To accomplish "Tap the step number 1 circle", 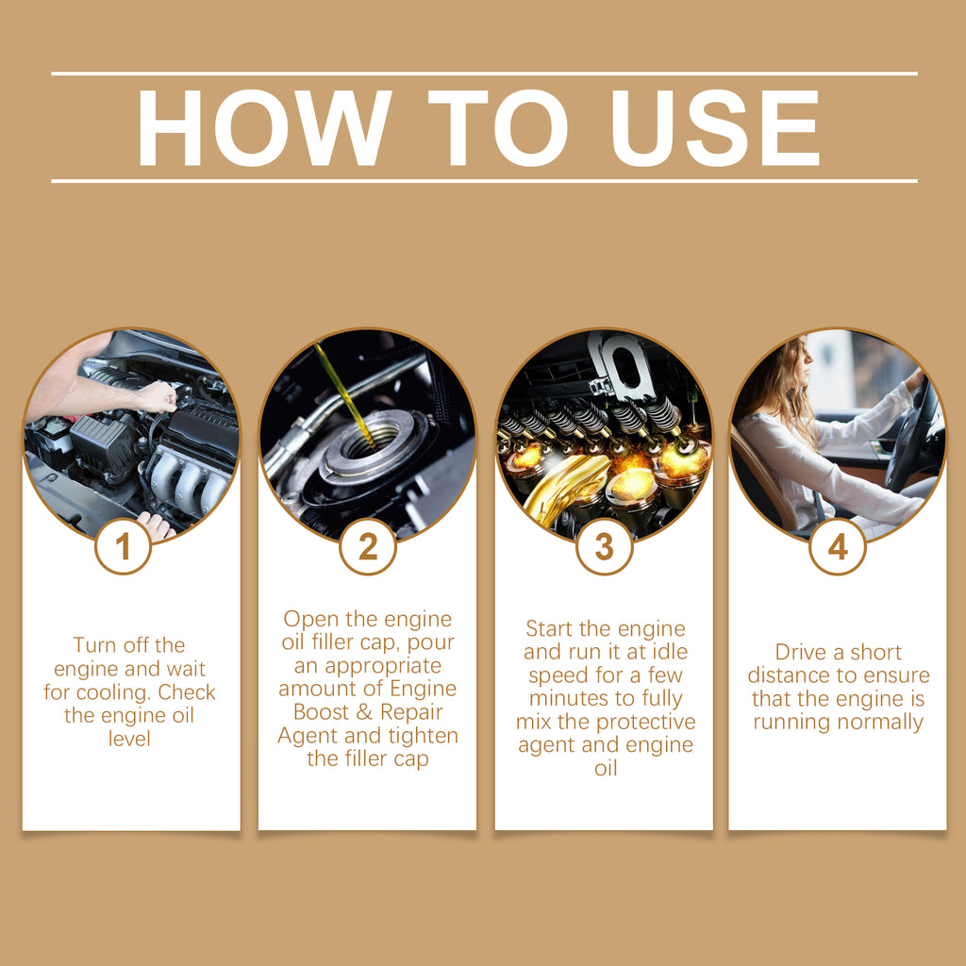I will (123, 546).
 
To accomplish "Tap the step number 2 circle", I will (367, 546).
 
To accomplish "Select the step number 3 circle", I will (604, 546).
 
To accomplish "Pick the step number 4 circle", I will (838, 546).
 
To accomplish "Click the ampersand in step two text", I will (361, 711).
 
